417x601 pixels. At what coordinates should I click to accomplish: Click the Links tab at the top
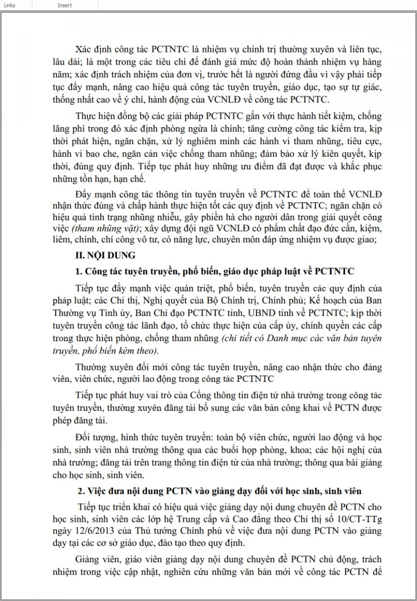click(9, 5)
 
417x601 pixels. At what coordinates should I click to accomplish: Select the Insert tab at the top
click(64, 5)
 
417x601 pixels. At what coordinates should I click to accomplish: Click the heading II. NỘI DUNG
click(105, 255)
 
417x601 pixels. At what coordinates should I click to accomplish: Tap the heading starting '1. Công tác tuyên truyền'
click(214, 271)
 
